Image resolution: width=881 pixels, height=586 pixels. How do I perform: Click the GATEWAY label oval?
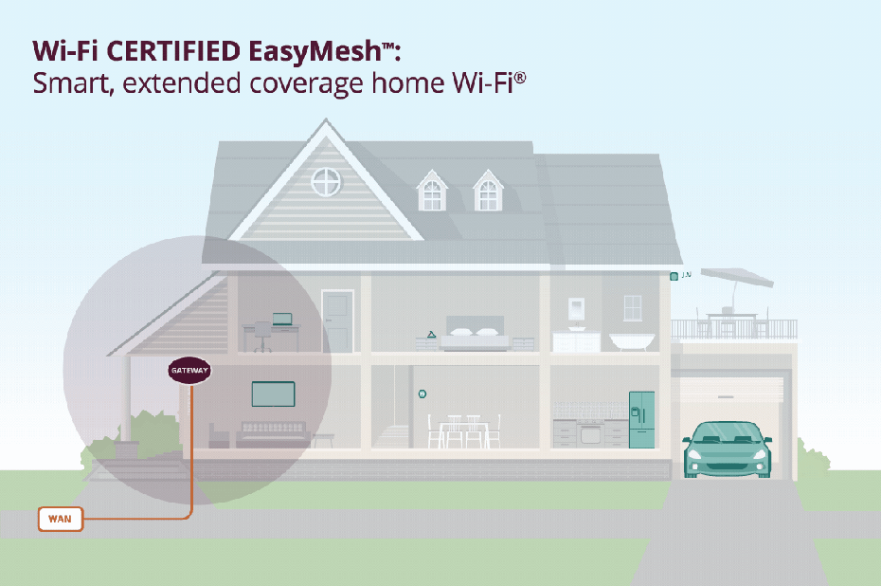(x=189, y=371)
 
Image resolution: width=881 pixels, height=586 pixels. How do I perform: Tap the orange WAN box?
(x=60, y=519)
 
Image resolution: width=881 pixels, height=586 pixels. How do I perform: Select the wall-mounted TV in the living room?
(x=273, y=394)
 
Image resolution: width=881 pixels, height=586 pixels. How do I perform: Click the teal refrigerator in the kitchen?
(x=641, y=419)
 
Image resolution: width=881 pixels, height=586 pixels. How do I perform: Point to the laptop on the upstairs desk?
(x=282, y=320)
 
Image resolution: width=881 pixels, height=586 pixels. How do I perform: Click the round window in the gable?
(x=326, y=182)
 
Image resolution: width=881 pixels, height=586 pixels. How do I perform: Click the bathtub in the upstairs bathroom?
(x=632, y=341)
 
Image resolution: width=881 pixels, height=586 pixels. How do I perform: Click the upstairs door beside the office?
(x=337, y=321)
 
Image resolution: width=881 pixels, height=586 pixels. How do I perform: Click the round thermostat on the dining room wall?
(x=422, y=394)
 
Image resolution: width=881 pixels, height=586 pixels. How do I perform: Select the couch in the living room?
(x=273, y=434)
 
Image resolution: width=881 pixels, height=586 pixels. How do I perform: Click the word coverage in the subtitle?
(x=307, y=84)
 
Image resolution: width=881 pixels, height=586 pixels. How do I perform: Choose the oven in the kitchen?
(x=590, y=434)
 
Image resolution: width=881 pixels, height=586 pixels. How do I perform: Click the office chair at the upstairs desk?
(x=262, y=337)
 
